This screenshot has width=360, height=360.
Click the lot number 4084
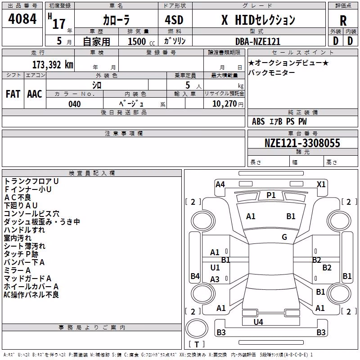point(22,18)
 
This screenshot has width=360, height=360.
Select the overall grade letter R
point(343,21)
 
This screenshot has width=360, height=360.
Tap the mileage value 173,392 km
point(53,65)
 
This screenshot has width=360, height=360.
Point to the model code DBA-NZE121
point(258,41)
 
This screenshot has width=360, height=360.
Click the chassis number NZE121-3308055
point(302,143)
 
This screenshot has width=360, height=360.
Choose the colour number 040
point(74,104)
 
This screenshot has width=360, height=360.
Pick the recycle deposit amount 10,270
point(224,104)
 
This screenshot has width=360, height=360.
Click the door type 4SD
point(174,20)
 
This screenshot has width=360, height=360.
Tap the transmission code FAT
point(13,94)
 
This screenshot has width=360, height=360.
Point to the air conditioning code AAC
point(35,94)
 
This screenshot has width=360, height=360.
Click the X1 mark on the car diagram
point(321,184)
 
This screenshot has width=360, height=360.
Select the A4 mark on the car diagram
point(220,184)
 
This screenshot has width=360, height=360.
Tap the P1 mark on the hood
point(271,195)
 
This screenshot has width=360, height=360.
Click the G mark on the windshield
point(284,237)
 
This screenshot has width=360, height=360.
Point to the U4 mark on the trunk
point(258,322)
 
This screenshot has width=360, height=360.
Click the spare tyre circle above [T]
point(197,328)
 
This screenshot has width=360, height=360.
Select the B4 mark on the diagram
point(195,276)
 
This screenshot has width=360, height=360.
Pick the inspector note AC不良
point(18,197)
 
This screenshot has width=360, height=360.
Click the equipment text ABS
point(258,121)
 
